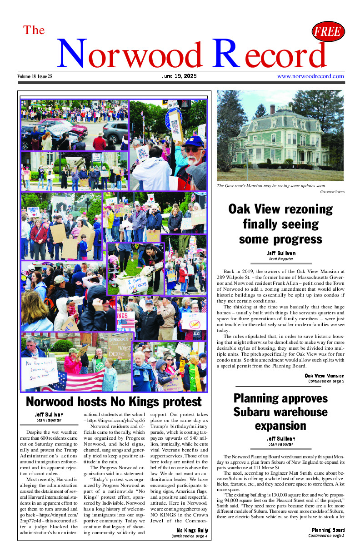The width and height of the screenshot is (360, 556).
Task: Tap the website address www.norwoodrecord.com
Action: pyautogui.click(x=310, y=76)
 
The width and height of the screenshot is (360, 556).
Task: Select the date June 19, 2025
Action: pyautogui.click(x=179, y=76)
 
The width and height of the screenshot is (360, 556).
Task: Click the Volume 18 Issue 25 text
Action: pyautogui.click(x=35, y=76)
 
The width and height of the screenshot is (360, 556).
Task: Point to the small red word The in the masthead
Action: pyautogui.click(x=34, y=30)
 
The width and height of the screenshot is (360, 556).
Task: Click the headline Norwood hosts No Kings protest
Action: pyautogui.click(x=113, y=402)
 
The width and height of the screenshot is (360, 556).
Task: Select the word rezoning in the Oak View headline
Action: pyautogui.click(x=301, y=209)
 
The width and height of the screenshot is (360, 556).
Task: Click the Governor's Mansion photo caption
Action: pyautogui.click(x=267, y=186)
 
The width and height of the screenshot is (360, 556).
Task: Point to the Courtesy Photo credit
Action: pyautogui.click(x=332, y=192)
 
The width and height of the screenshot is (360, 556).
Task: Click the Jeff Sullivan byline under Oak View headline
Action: pyautogui.click(x=281, y=253)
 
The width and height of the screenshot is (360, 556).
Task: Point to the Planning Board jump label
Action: pyautogui.click(x=328, y=530)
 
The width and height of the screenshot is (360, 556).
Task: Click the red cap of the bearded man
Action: pyautogui.click(x=195, y=141)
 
